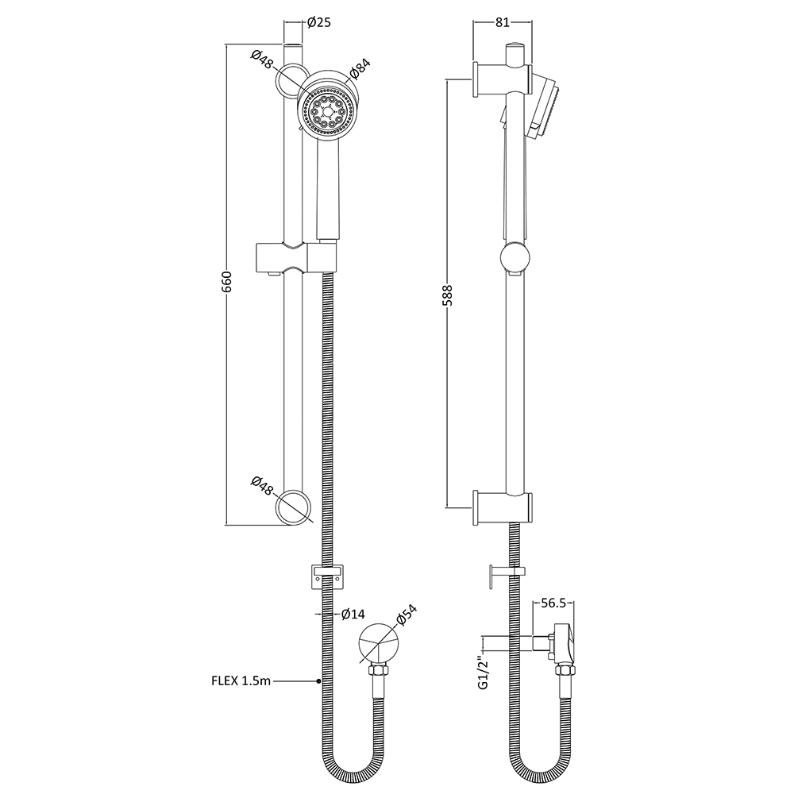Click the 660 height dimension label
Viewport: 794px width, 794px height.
pos(225,283)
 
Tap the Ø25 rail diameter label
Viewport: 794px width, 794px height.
pos(318,22)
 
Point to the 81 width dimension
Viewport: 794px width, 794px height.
pos(502,22)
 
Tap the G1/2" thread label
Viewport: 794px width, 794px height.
pos(482,672)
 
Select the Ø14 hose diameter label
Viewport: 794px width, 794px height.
pos(352,614)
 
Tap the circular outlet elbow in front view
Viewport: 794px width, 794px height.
pos(379,643)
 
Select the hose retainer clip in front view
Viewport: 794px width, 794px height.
pos(326,574)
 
